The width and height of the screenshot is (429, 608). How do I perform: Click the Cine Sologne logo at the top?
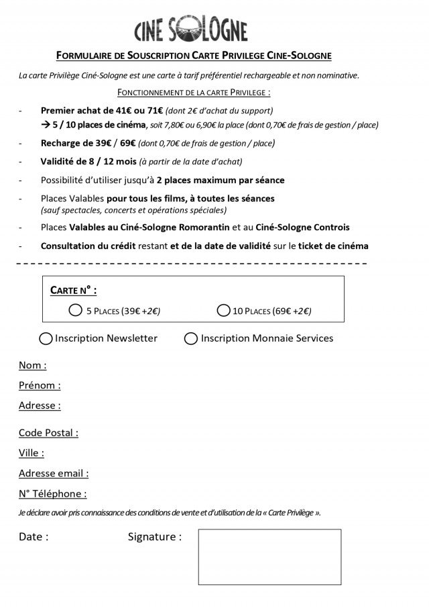point(190,31)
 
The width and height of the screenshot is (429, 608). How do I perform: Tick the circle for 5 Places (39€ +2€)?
point(75,311)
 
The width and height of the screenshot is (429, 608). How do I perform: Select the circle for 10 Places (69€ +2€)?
point(224,311)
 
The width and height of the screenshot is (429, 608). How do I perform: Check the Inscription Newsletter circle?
point(46,338)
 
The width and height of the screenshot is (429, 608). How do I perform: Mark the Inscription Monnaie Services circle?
point(191,338)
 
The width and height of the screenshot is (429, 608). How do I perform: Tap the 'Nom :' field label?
point(33,366)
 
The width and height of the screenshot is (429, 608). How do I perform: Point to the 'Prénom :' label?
point(40,386)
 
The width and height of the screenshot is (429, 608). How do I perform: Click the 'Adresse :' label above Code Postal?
point(40,405)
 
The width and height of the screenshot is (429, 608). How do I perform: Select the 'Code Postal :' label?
point(48,433)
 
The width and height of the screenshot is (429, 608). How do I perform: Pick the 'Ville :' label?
point(32,453)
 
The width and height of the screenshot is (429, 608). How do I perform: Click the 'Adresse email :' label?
point(54,473)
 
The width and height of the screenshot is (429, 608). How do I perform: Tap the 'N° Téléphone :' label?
point(53,494)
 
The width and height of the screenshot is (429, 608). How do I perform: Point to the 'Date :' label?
point(34,537)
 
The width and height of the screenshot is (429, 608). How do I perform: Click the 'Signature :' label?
point(154,537)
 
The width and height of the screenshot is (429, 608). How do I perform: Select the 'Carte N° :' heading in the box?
point(74,291)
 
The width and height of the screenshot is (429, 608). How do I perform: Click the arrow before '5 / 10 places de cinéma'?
point(46,125)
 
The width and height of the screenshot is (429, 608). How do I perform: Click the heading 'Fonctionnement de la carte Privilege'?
point(194,91)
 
